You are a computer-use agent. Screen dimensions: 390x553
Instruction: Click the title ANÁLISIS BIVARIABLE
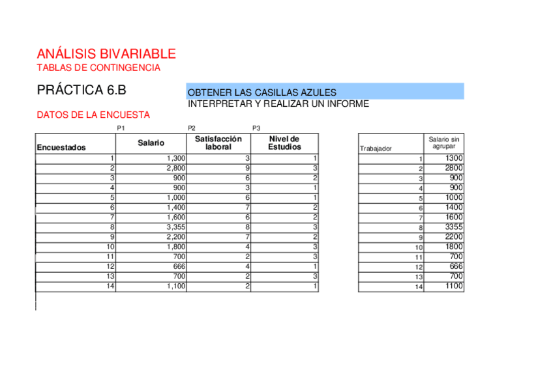pos(106,54)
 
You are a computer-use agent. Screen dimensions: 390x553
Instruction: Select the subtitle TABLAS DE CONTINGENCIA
pos(98,68)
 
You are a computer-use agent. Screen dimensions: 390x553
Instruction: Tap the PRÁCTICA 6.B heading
pos(81,90)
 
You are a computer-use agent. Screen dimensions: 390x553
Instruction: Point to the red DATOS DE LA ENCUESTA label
pos(93,115)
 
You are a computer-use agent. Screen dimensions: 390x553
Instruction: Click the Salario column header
pos(151,143)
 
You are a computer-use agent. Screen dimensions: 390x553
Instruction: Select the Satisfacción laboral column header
pos(218,143)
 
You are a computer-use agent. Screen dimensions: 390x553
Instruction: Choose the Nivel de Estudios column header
pos(284,143)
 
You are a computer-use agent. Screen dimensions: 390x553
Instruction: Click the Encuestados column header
pos(61,148)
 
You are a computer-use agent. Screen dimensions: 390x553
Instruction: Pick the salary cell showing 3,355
pos(176,227)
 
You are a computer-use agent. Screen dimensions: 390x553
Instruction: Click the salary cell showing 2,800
pos(176,168)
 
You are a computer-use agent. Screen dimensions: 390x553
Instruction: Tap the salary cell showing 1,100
pos(176,286)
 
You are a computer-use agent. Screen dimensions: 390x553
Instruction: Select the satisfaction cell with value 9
pos(248,168)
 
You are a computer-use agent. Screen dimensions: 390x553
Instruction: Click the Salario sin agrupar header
pos(443,143)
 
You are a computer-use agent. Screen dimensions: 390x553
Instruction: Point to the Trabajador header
pos(376,149)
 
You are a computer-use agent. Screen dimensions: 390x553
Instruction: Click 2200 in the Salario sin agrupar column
pos(454,237)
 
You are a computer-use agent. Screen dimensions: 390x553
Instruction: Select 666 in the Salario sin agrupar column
pos(456,266)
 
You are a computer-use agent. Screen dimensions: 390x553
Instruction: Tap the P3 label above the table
pos(256,128)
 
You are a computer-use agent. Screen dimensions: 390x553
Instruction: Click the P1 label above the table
pos(121,128)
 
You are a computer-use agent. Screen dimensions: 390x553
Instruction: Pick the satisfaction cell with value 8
pos(248,227)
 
